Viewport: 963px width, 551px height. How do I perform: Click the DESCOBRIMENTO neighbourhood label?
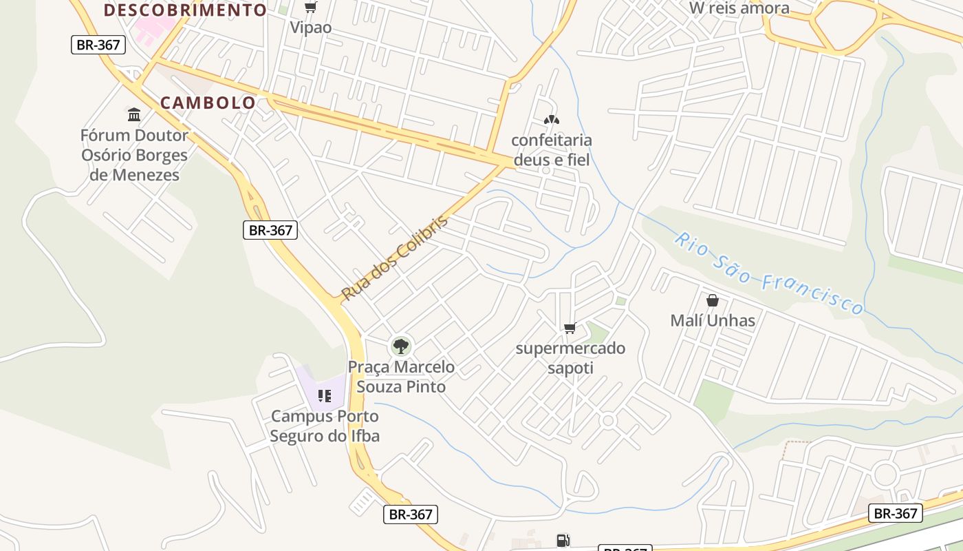click(x=185, y=10)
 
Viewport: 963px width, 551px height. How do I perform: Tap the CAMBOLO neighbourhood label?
click(x=208, y=103)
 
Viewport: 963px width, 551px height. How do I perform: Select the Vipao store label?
click(x=310, y=28)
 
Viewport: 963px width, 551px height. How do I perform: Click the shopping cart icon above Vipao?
click(x=311, y=8)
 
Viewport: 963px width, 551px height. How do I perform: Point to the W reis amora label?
click(x=739, y=8)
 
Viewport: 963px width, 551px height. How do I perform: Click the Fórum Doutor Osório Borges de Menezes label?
click(x=135, y=155)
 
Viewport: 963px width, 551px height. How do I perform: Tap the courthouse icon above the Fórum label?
click(x=134, y=114)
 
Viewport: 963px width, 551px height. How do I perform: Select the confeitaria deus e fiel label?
click(x=551, y=149)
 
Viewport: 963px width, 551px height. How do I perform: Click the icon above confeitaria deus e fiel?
click(x=551, y=120)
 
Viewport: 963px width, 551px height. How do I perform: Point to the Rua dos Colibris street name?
click(x=395, y=258)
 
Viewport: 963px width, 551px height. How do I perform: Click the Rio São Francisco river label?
click(x=768, y=273)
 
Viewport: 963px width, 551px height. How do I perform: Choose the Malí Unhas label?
click(x=713, y=320)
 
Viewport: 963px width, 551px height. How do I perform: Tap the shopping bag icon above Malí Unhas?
click(x=713, y=300)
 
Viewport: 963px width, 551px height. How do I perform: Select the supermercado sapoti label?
click(x=570, y=357)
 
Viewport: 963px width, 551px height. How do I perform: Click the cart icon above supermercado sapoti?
click(x=570, y=329)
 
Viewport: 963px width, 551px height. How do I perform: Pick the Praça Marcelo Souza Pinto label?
click(x=401, y=376)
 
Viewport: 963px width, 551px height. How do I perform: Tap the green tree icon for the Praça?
click(x=400, y=346)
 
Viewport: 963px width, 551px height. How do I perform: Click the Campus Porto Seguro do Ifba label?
click(x=324, y=426)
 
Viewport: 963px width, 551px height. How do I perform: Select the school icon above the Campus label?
click(x=324, y=396)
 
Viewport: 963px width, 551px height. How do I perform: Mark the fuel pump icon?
click(x=563, y=541)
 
